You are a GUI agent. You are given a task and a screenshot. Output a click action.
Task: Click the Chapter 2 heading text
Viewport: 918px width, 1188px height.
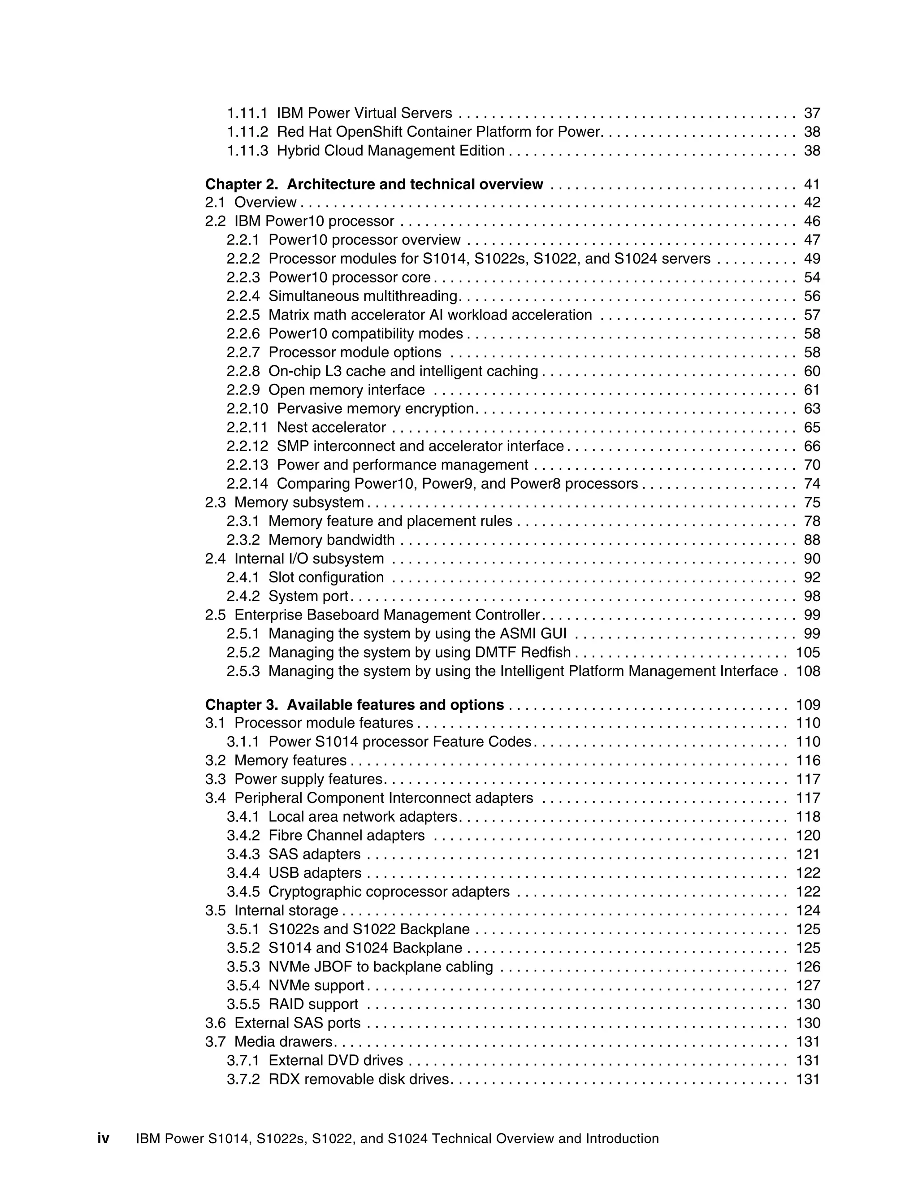[374, 184]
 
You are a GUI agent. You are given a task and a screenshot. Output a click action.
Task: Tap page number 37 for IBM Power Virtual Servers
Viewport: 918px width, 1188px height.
[811, 113]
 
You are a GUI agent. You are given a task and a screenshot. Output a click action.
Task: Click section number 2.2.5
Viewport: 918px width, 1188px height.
[243, 315]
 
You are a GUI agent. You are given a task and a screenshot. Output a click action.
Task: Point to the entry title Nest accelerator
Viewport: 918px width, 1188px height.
[331, 428]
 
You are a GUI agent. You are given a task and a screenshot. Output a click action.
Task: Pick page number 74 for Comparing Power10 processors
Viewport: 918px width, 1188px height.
[811, 484]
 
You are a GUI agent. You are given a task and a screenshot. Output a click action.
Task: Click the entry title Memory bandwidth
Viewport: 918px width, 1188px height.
[331, 540]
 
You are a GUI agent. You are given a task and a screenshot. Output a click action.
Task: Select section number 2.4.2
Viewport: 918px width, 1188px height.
[243, 596]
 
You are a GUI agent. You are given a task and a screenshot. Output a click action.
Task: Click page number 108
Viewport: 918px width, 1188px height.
[808, 671]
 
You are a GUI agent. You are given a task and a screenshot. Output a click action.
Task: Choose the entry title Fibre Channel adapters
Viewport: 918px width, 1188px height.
[346, 836]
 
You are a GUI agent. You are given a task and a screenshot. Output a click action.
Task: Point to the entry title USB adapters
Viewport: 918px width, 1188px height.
[314, 873]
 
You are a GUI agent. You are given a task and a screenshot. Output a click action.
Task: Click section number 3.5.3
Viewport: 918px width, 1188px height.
[243, 967]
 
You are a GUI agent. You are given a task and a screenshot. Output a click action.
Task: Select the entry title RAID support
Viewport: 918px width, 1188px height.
[313, 1004]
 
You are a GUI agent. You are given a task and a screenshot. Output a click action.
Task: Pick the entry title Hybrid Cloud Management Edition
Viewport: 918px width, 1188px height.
[390, 151]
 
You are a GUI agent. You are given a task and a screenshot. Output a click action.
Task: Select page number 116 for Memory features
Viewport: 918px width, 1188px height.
[808, 760]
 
